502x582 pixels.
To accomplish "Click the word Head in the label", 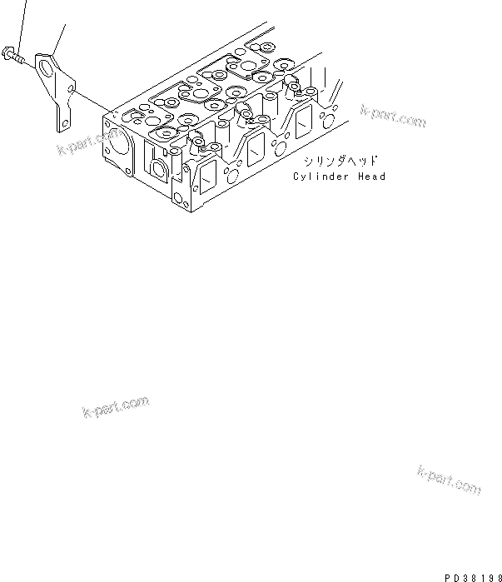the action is [x=371, y=177].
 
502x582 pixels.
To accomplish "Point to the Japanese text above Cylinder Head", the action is [x=341, y=161].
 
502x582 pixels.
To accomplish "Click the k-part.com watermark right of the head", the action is [x=393, y=117].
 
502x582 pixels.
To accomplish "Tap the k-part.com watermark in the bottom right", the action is [x=447, y=480].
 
